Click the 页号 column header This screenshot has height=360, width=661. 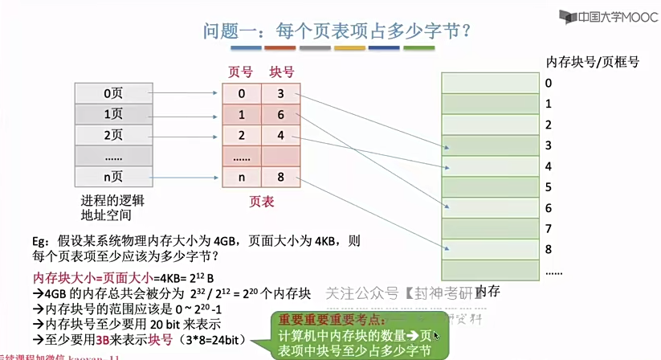tap(241, 72)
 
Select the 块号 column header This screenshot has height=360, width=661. tap(281, 72)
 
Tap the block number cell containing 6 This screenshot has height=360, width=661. tap(281, 115)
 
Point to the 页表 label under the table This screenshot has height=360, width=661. tap(261, 201)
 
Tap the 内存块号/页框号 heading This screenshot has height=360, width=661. tap(592, 61)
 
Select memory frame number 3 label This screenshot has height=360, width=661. tap(549, 145)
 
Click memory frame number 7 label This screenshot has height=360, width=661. tap(549, 229)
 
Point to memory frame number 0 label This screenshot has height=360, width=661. tap(549, 83)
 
